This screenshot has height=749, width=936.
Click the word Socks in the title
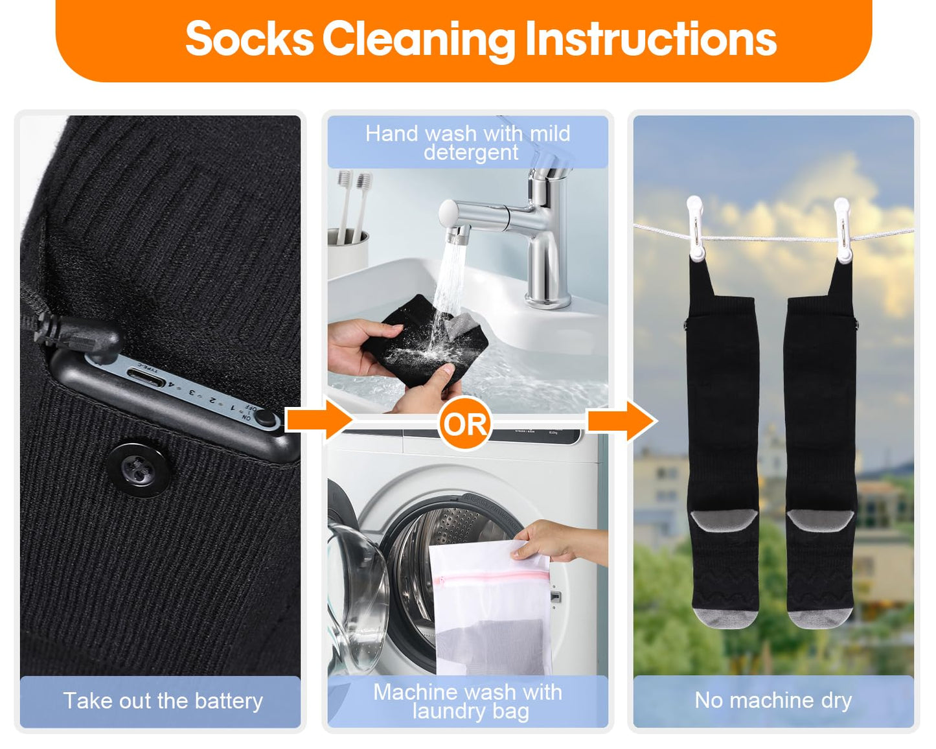point(249,40)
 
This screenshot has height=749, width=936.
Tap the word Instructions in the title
point(650,40)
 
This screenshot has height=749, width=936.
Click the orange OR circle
point(464,424)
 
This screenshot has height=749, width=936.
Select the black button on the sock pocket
point(139,470)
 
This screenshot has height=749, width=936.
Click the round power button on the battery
point(264,417)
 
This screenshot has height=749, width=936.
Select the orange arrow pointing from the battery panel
point(317,420)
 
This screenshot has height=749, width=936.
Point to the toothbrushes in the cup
point(353,201)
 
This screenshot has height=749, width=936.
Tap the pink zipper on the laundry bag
point(490,577)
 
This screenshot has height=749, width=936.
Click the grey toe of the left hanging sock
point(725,617)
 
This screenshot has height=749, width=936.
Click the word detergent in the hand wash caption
point(471,152)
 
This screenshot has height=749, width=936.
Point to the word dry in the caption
point(836,700)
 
